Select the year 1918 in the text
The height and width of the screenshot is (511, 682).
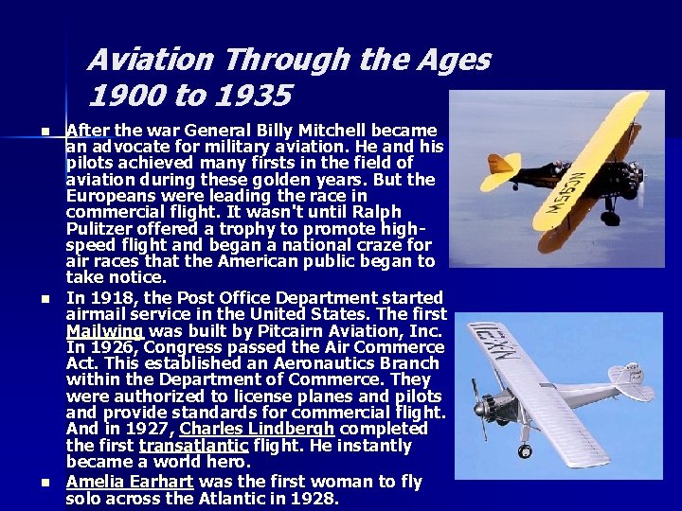pyautogui.click(x=107, y=299)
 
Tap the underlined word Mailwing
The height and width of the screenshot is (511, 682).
pyautogui.click(x=104, y=331)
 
